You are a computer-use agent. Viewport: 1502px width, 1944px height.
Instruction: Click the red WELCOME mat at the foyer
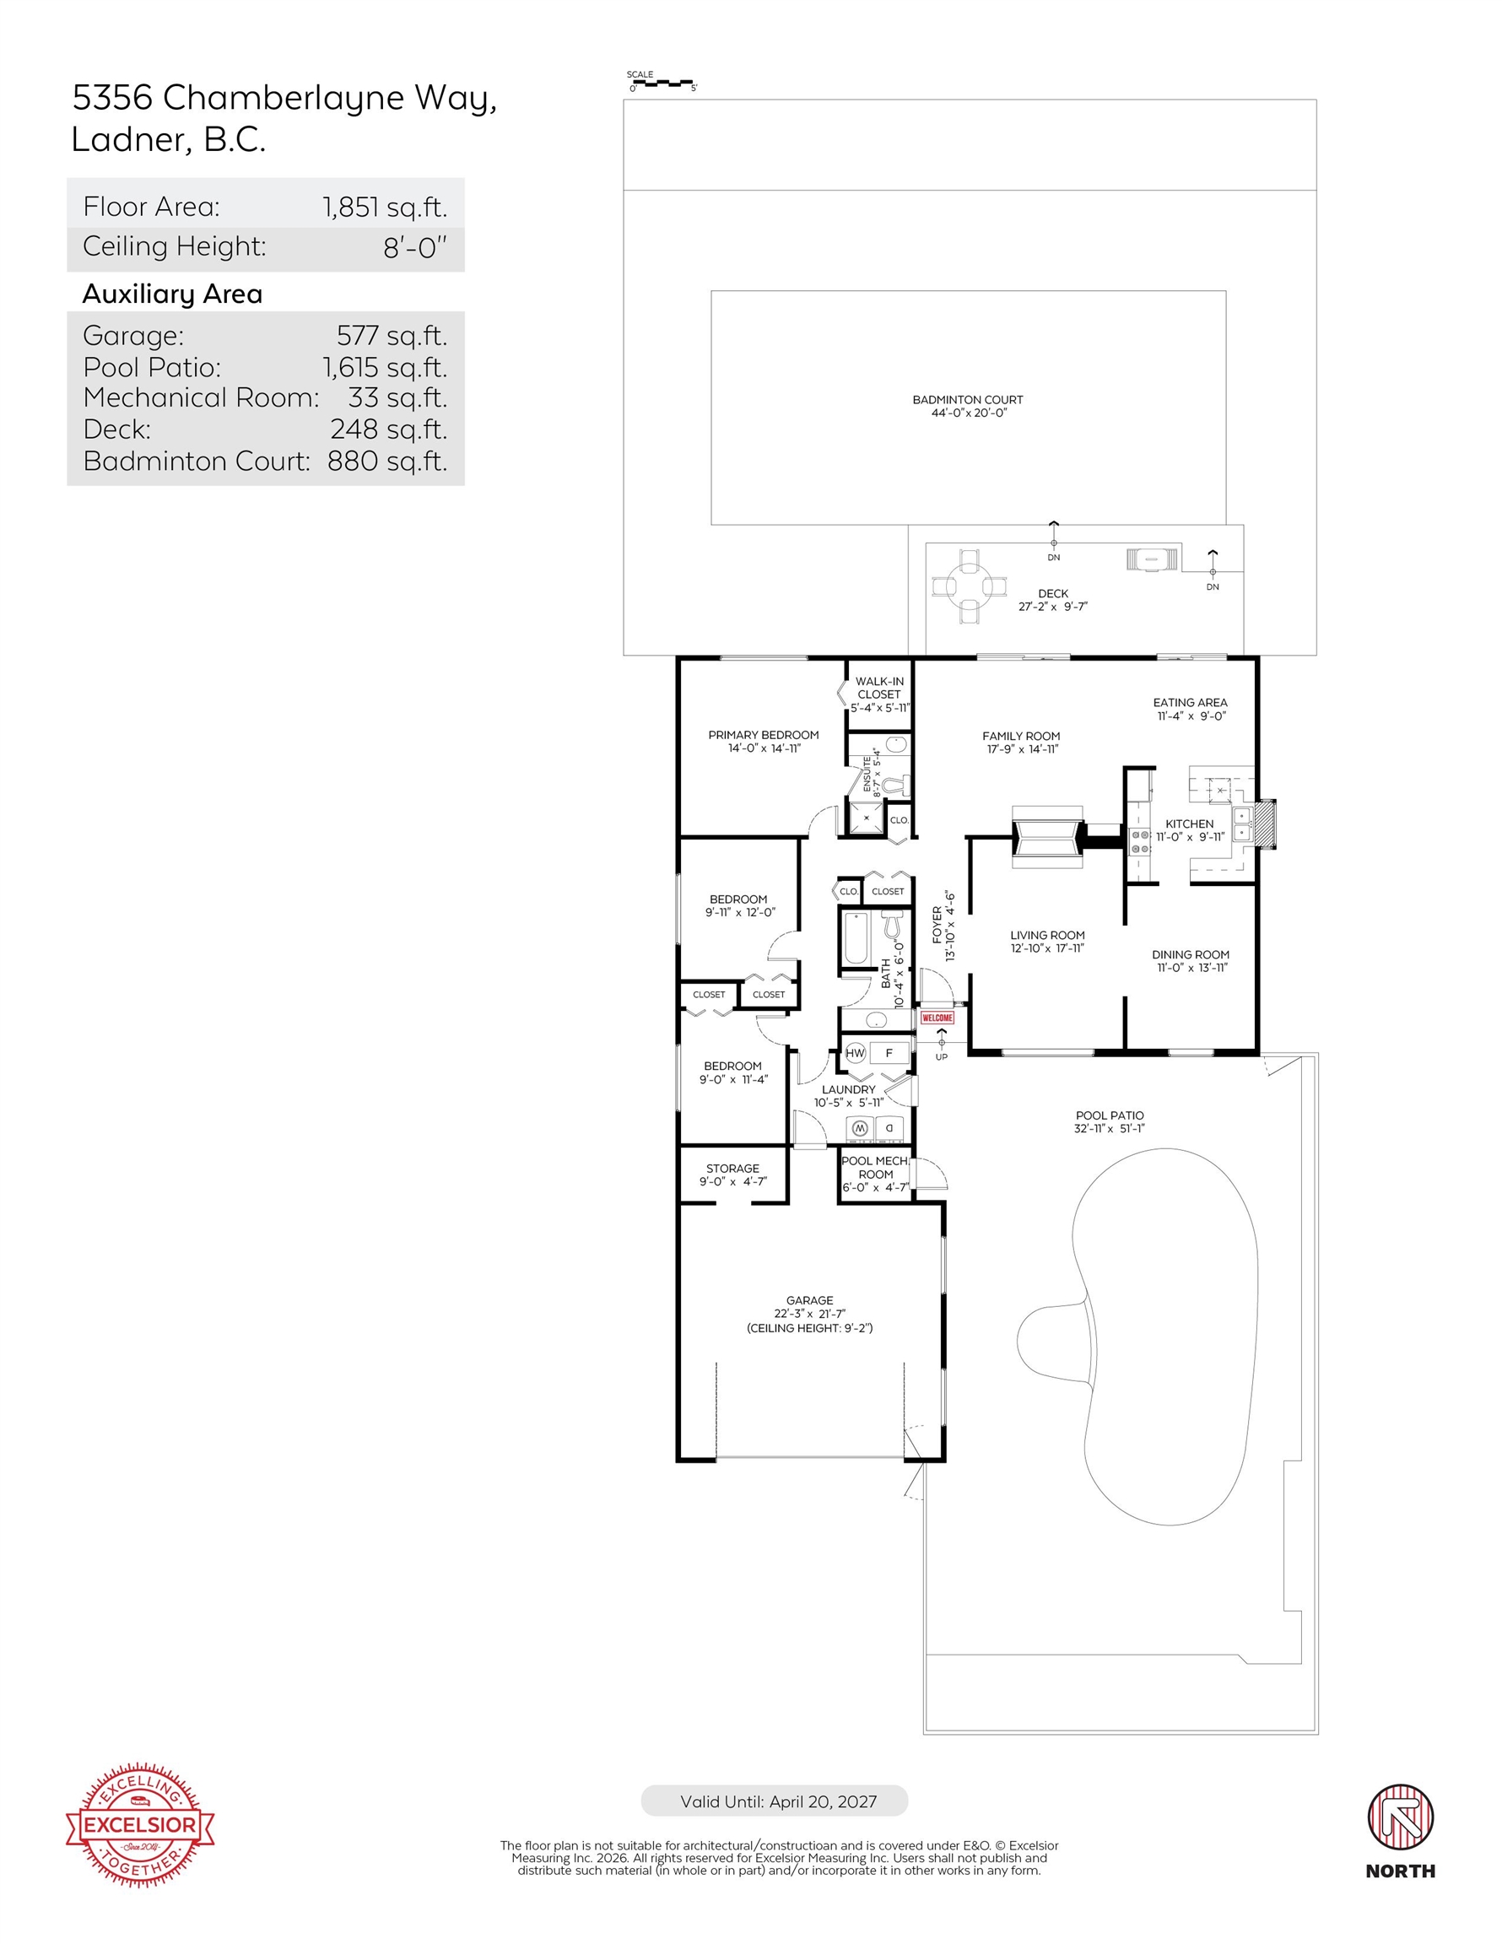tap(937, 1018)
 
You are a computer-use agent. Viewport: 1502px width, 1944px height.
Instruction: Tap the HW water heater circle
tap(855, 1053)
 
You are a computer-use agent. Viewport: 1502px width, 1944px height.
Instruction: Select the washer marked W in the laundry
tap(860, 1129)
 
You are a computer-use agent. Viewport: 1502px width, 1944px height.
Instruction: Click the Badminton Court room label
tap(968, 400)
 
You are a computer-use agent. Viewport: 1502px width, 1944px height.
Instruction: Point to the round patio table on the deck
tap(969, 586)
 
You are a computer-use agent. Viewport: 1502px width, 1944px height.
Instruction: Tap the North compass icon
tap(1401, 1817)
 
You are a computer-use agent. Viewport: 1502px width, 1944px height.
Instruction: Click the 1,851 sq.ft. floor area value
tap(385, 208)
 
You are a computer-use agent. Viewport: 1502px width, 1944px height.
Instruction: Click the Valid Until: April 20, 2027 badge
tap(774, 1801)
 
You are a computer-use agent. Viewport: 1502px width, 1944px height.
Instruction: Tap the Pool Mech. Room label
tap(876, 1167)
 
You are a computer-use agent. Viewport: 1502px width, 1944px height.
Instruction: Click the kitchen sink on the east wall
tap(1243, 824)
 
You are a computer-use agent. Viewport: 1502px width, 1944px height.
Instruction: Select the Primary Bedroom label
tap(763, 735)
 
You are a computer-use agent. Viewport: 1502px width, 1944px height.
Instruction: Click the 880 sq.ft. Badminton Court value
tap(387, 461)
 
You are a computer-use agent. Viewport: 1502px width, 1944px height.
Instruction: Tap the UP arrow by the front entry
tap(941, 1042)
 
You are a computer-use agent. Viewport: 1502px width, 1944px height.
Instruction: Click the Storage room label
tap(732, 1169)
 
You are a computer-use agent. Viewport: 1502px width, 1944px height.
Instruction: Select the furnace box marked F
tap(889, 1053)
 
